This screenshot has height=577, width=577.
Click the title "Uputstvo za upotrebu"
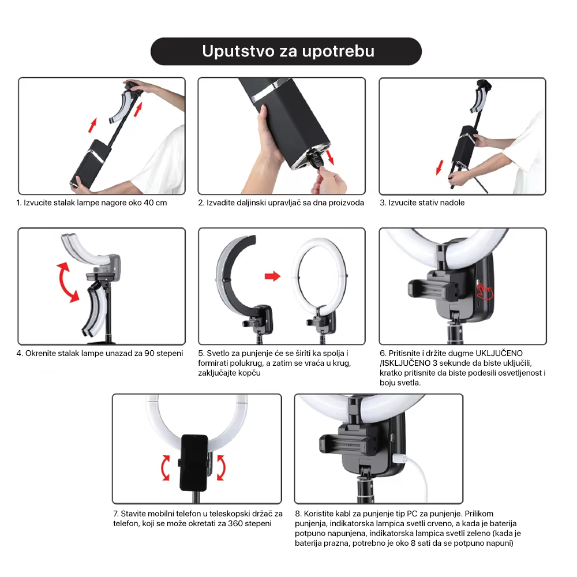[288, 51]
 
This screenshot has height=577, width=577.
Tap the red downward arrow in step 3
[439, 167]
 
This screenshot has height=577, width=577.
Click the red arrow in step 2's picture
[329, 157]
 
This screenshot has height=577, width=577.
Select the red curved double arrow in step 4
[68, 282]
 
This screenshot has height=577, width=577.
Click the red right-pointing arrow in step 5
[272, 276]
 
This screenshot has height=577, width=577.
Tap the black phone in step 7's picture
[194, 463]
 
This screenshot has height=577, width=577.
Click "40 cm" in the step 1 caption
[155, 203]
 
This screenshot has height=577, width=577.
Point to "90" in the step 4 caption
[149, 353]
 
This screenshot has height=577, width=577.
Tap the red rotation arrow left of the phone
[165, 467]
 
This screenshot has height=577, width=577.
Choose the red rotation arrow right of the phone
[221, 467]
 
